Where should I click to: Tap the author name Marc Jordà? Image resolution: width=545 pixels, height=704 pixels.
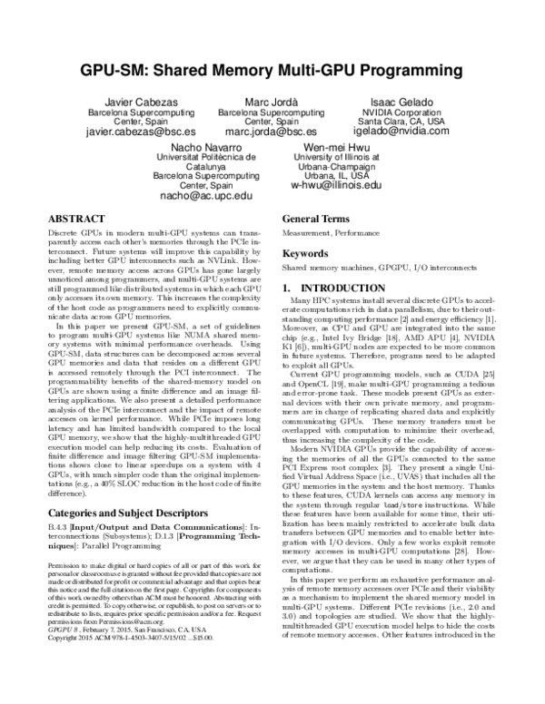[x=272, y=100]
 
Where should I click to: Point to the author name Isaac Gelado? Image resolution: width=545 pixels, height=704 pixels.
[x=401, y=100]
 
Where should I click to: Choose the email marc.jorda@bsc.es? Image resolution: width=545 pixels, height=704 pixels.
[x=272, y=132]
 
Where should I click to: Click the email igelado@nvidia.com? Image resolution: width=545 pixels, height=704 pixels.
[x=401, y=131]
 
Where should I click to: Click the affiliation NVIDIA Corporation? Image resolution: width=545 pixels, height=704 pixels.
[x=401, y=111]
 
